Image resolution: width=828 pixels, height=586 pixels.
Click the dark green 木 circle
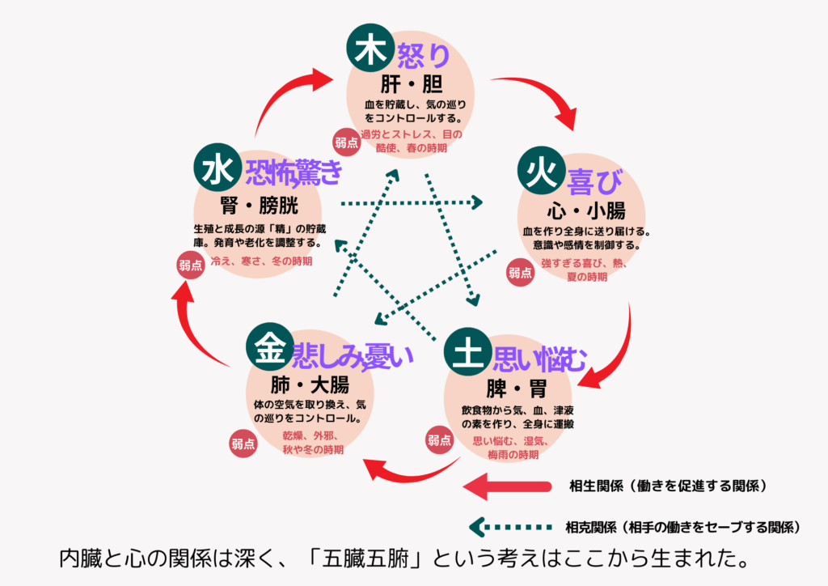pos(370,48)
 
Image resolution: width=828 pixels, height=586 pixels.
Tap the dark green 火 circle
pos(541,171)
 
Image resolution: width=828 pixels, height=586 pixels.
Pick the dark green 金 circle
pos(270,347)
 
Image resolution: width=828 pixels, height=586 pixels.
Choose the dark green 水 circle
pos(218,168)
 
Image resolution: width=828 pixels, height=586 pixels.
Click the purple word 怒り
pos(423,56)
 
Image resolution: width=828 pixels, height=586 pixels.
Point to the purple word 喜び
pos(594,182)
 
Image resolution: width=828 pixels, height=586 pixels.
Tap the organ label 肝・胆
pos(412,84)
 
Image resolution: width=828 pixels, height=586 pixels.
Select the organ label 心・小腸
pos(586,210)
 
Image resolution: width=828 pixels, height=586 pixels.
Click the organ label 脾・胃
pos(517,389)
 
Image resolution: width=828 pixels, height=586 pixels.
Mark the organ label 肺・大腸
pos(310,384)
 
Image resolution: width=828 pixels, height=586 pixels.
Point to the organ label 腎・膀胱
pos(260,206)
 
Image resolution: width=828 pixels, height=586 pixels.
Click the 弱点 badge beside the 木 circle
pos(346,142)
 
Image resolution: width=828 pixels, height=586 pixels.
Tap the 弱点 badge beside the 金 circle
pos(243,444)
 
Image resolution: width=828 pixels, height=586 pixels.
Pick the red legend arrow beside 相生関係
pos(507,486)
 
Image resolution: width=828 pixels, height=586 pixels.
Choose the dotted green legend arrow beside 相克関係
pos(510,527)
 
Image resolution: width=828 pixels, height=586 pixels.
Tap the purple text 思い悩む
pos(539,360)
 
